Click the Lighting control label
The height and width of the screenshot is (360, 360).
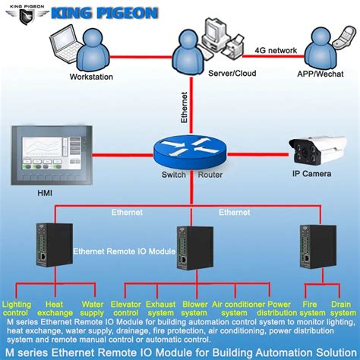(x=17, y=308)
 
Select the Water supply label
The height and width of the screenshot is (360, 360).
(x=93, y=308)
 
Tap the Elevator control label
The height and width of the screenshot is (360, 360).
(x=127, y=308)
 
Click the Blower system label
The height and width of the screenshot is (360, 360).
(x=195, y=308)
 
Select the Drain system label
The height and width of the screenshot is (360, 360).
(x=343, y=308)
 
